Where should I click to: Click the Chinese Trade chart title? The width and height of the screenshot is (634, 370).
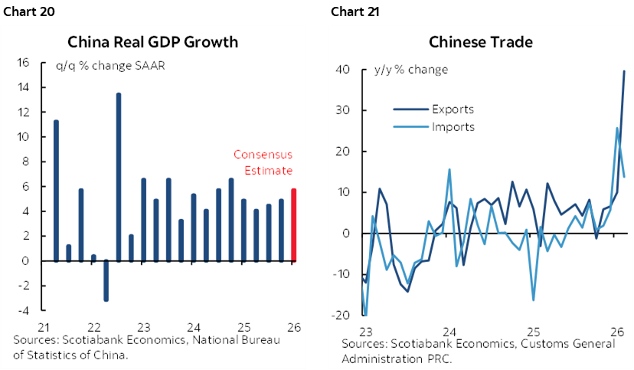[x=481, y=41]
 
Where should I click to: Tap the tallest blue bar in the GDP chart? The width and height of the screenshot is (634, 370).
[x=119, y=176]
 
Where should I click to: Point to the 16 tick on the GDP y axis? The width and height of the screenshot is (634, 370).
[x=23, y=63]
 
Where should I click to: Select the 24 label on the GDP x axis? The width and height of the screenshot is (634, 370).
[x=193, y=324]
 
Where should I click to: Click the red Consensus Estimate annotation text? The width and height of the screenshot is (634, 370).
[x=263, y=162]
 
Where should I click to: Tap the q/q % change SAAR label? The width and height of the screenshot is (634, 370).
[x=110, y=64]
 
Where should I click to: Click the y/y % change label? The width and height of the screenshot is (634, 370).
[x=410, y=70]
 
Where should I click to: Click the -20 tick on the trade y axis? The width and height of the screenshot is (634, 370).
[x=342, y=315]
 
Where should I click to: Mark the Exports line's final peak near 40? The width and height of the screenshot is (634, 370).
[x=624, y=71]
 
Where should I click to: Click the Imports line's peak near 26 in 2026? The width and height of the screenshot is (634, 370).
[x=618, y=128]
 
